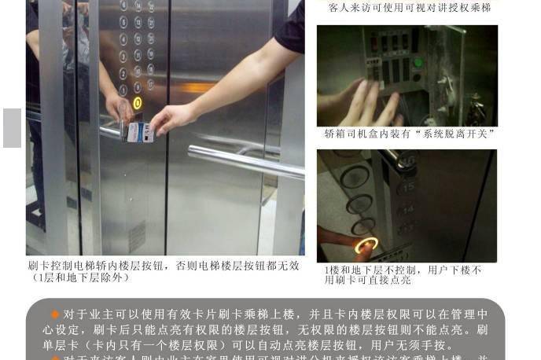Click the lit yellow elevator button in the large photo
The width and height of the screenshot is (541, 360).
pos(137,102)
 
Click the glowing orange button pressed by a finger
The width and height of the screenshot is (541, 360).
pos(366,246)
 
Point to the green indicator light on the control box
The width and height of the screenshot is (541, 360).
pos(418,63)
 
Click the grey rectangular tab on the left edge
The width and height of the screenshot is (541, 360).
pos(12,128)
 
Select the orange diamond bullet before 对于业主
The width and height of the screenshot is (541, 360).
pos(55,314)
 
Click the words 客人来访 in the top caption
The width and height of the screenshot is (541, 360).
pos(347,8)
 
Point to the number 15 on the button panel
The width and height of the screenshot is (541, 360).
pos(408,188)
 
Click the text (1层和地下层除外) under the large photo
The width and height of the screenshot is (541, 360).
pos(81,277)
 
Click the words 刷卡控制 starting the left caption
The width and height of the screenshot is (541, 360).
pos(52,266)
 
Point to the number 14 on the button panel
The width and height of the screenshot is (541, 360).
pos(408,209)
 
